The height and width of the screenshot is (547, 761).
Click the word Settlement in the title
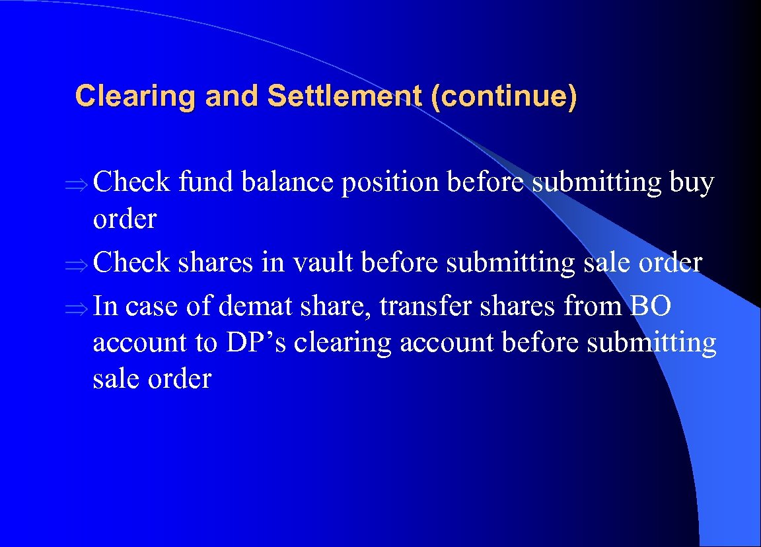[x=344, y=96]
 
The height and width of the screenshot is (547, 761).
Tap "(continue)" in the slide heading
[x=503, y=96]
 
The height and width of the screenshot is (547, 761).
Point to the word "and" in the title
[x=232, y=96]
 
